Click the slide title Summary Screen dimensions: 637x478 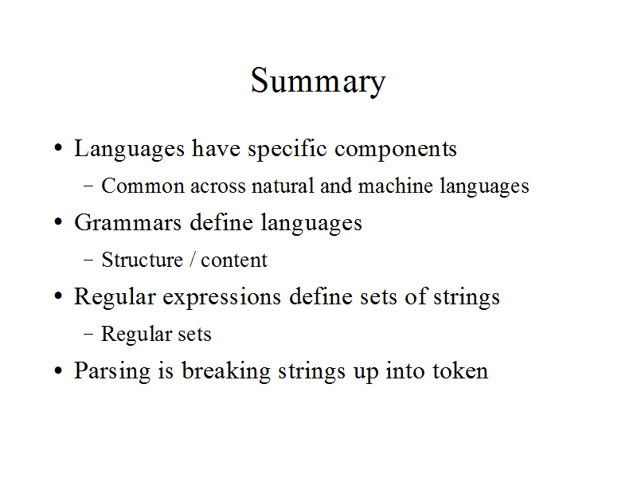[318, 82]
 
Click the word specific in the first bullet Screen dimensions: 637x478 [287, 150]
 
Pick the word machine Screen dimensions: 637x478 [395, 186]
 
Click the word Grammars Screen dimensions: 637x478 [127, 223]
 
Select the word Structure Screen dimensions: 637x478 [143, 260]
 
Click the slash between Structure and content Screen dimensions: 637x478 [192, 260]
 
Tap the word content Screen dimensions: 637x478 [234, 261]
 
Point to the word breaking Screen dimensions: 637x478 [226, 371]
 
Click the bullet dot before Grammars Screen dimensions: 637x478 [58, 222]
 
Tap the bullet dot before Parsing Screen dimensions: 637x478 [58, 370]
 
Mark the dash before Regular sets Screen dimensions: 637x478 [88, 334]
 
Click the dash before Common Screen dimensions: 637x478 [88, 186]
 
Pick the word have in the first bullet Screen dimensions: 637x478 [216, 148]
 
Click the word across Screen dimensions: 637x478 [217, 187]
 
